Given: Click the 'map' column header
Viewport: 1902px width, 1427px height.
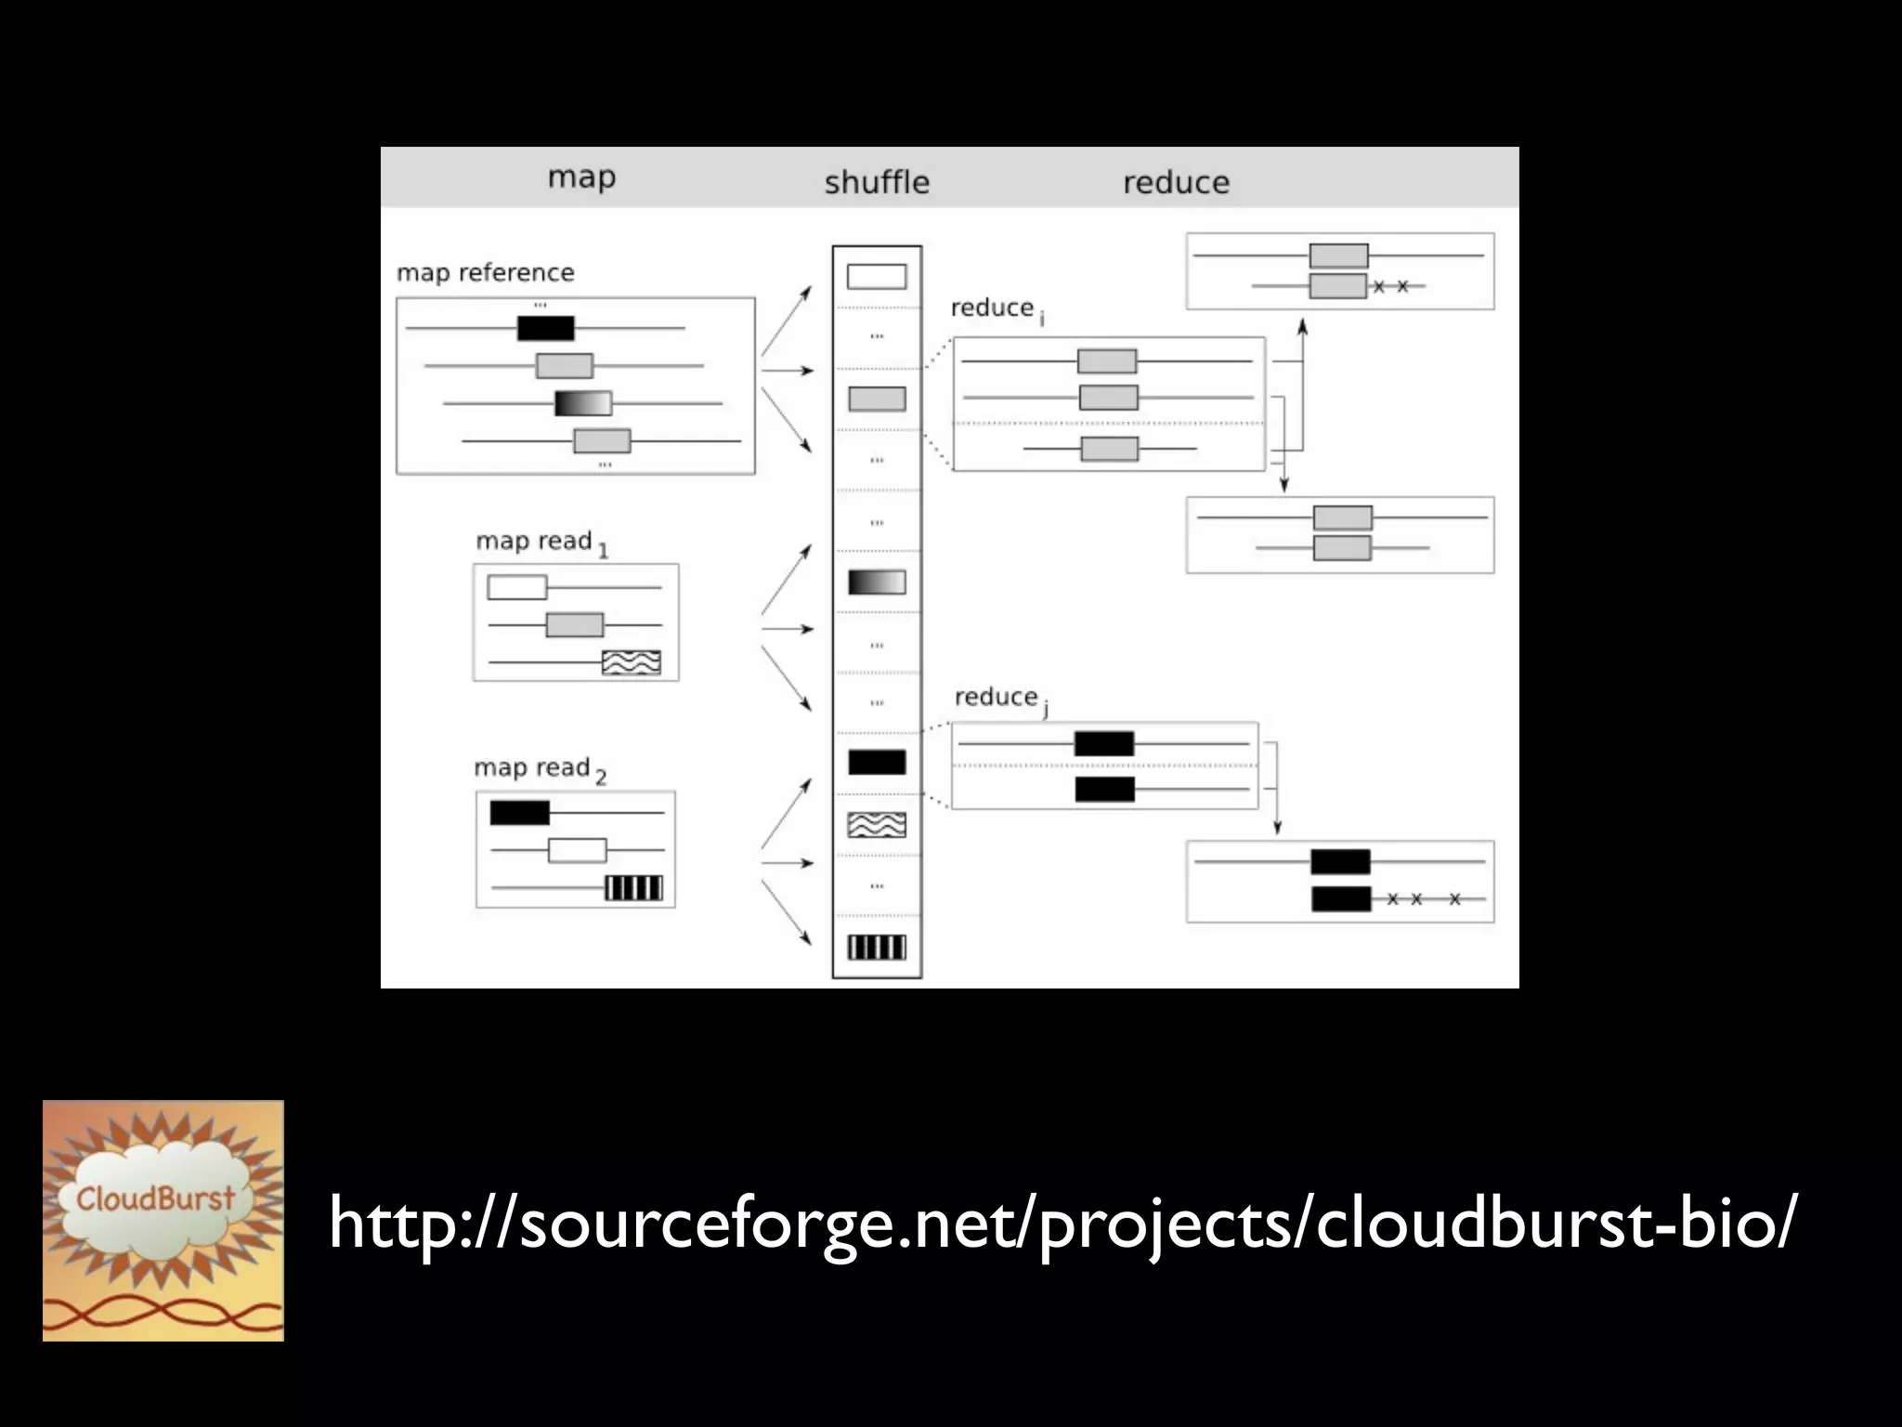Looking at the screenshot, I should [x=581, y=177].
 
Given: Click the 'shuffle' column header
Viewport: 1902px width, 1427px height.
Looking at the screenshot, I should [x=877, y=181].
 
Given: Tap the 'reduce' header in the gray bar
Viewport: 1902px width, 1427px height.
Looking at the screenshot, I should [x=1176, y=181].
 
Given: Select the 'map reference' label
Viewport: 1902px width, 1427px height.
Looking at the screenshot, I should [x=486, y=272].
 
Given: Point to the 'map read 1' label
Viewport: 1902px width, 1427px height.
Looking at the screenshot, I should [x=541, y=542].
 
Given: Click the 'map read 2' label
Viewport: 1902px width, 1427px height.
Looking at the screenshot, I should [x=540, y=768].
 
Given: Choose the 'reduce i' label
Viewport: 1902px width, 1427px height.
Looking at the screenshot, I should [x=997, y=308].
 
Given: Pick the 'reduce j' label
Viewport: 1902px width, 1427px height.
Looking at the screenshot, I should [x=1000, y=698].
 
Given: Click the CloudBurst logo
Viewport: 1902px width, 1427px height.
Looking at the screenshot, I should [x=163, y=1220].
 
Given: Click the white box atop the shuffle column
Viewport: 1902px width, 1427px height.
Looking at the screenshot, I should [x=877, y=276].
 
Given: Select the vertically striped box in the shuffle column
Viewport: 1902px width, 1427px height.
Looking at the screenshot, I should [x=877, y=947].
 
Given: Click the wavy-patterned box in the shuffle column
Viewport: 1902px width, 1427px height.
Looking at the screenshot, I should [x=877, y=824].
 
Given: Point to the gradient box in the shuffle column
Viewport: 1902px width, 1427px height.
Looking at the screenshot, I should [x=877, y=583].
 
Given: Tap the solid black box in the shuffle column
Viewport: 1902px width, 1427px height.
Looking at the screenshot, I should [x=877, y=762].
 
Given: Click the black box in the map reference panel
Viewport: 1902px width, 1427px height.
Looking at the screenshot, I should [x=546, y=328].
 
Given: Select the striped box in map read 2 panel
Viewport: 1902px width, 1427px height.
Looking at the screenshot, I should [x=634, y=888].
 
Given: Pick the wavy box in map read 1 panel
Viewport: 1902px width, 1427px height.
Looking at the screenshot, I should [x=632, y=662].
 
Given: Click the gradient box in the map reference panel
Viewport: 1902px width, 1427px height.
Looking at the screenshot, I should [x=583, y=403].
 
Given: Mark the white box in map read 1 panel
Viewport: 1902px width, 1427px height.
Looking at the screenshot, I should [x=517, y=587].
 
